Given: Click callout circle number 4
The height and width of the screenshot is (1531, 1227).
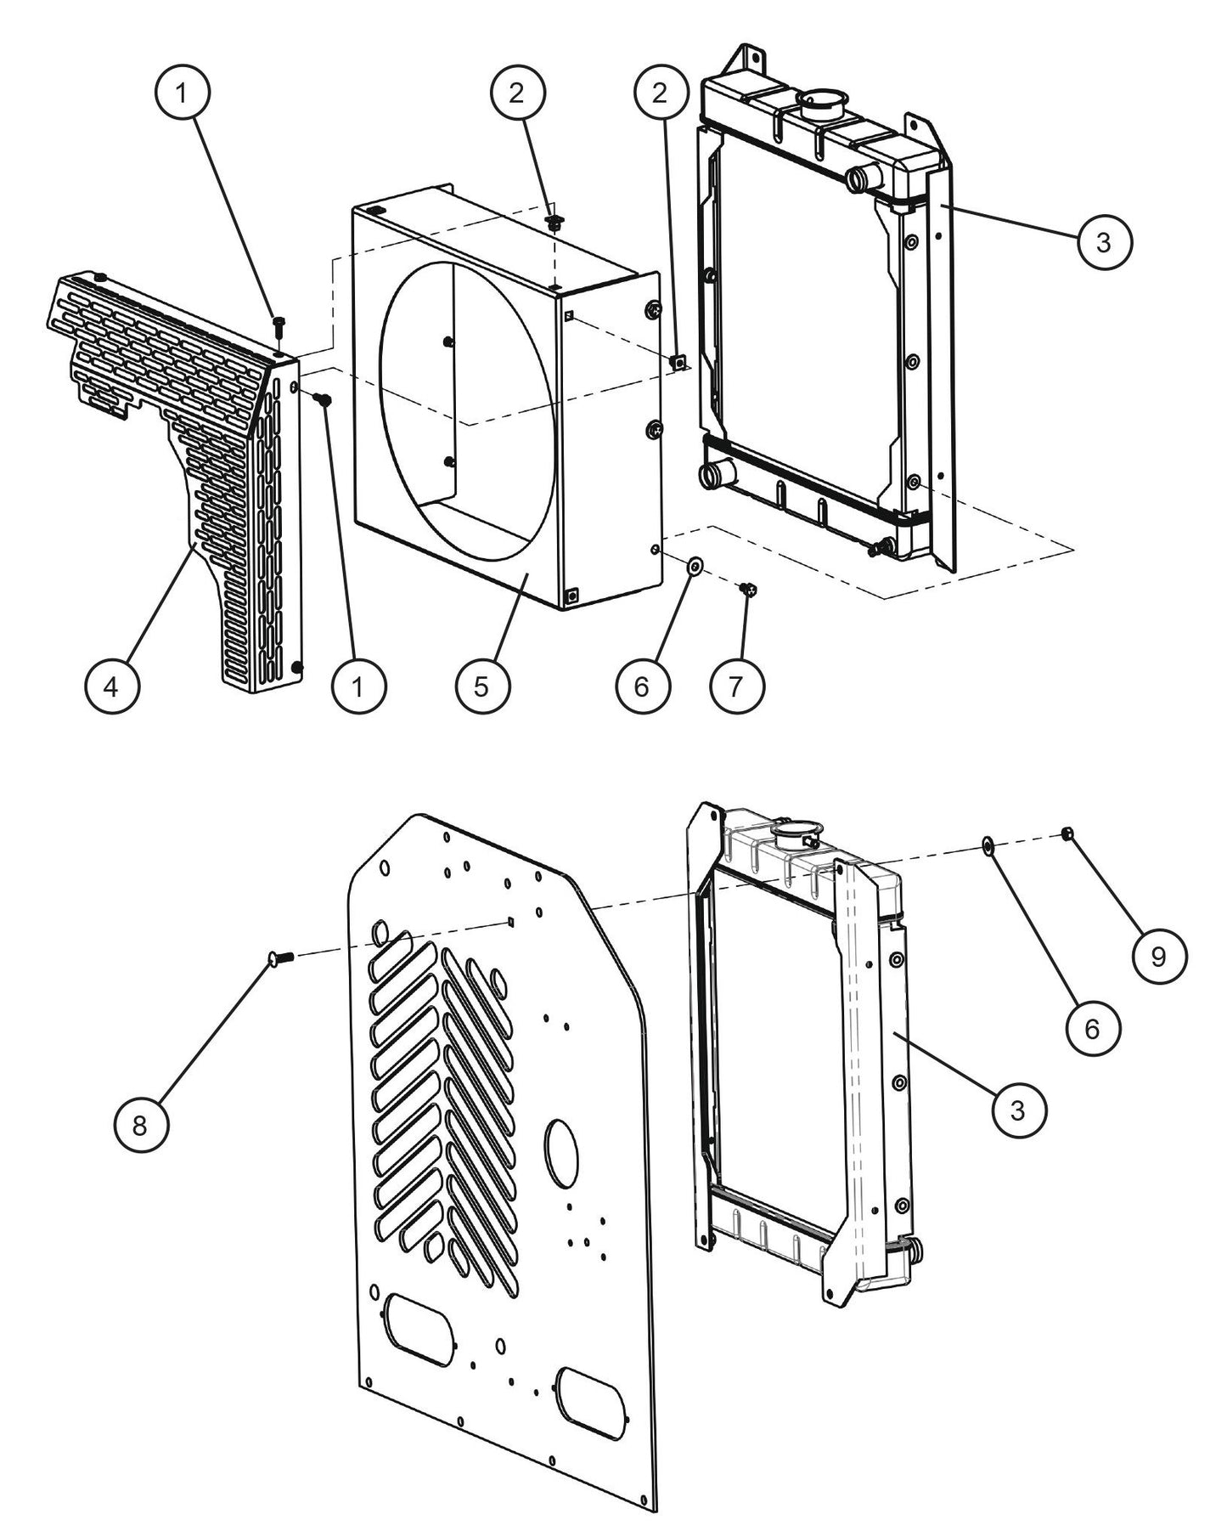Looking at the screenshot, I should (112, 685).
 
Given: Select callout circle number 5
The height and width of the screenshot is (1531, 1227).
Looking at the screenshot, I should (481, 685).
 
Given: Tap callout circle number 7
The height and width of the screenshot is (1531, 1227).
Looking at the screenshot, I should (735, 685).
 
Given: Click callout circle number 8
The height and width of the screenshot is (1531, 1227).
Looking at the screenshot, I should (141, 1125).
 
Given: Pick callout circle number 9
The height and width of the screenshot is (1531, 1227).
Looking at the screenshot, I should (1159, 957).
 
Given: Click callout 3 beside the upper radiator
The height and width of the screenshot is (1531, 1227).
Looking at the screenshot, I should (1103, 243).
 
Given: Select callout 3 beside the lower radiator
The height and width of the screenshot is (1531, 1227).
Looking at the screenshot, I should (1018, 1109).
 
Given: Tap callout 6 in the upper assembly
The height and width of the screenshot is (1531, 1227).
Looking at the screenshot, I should (641, 685).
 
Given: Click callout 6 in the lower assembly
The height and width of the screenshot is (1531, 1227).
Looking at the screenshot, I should (1092, 1029).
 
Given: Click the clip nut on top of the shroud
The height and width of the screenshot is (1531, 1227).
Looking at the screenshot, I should (554, 223).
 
